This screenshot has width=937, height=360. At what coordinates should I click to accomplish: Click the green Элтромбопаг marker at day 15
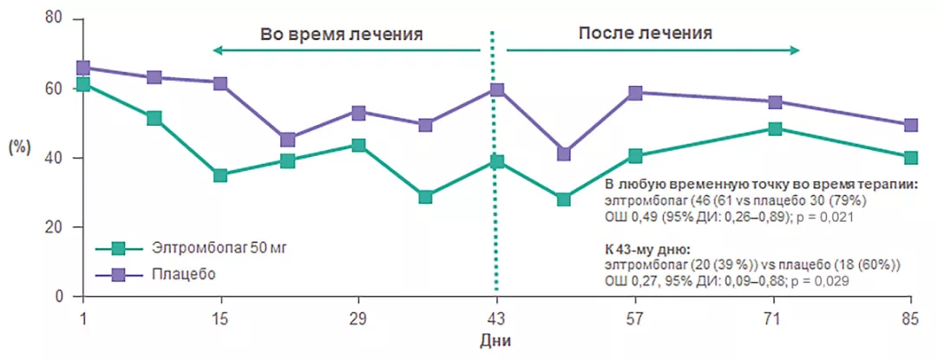tap(220, 175)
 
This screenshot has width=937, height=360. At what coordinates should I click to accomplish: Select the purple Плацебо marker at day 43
tap(496, 89)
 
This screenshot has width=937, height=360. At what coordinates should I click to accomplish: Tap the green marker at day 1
tap(83, 84)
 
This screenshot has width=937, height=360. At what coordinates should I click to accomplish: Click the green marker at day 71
tap(775, 129)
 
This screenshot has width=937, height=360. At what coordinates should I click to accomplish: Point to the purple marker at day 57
tap(635, 93)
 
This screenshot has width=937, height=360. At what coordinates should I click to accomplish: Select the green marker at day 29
tap(358, 145)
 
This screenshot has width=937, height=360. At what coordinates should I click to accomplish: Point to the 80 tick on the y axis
tap(51, 19)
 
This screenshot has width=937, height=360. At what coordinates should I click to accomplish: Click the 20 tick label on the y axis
tap(51, 227)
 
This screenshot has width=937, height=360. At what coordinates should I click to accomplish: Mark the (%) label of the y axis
tap(19, 147)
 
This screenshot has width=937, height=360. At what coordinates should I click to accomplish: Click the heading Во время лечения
tap(342, 35)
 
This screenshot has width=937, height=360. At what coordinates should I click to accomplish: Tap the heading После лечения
tap(645, 34)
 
